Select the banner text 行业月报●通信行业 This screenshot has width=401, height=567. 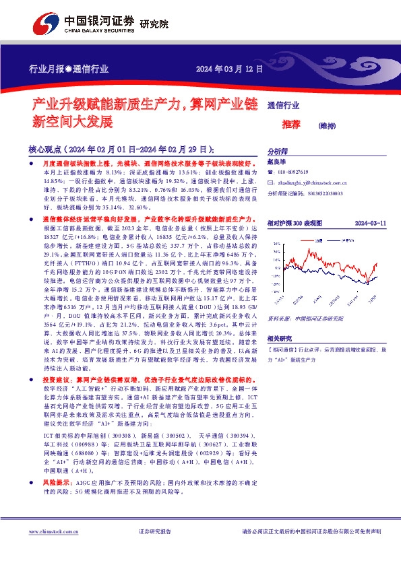pyautogui.click(x=69, y=69)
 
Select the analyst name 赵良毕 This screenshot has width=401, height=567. pyautogui.click(x=277, y=164)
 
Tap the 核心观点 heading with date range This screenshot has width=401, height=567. pyautogui.click(x=122, y=149)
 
